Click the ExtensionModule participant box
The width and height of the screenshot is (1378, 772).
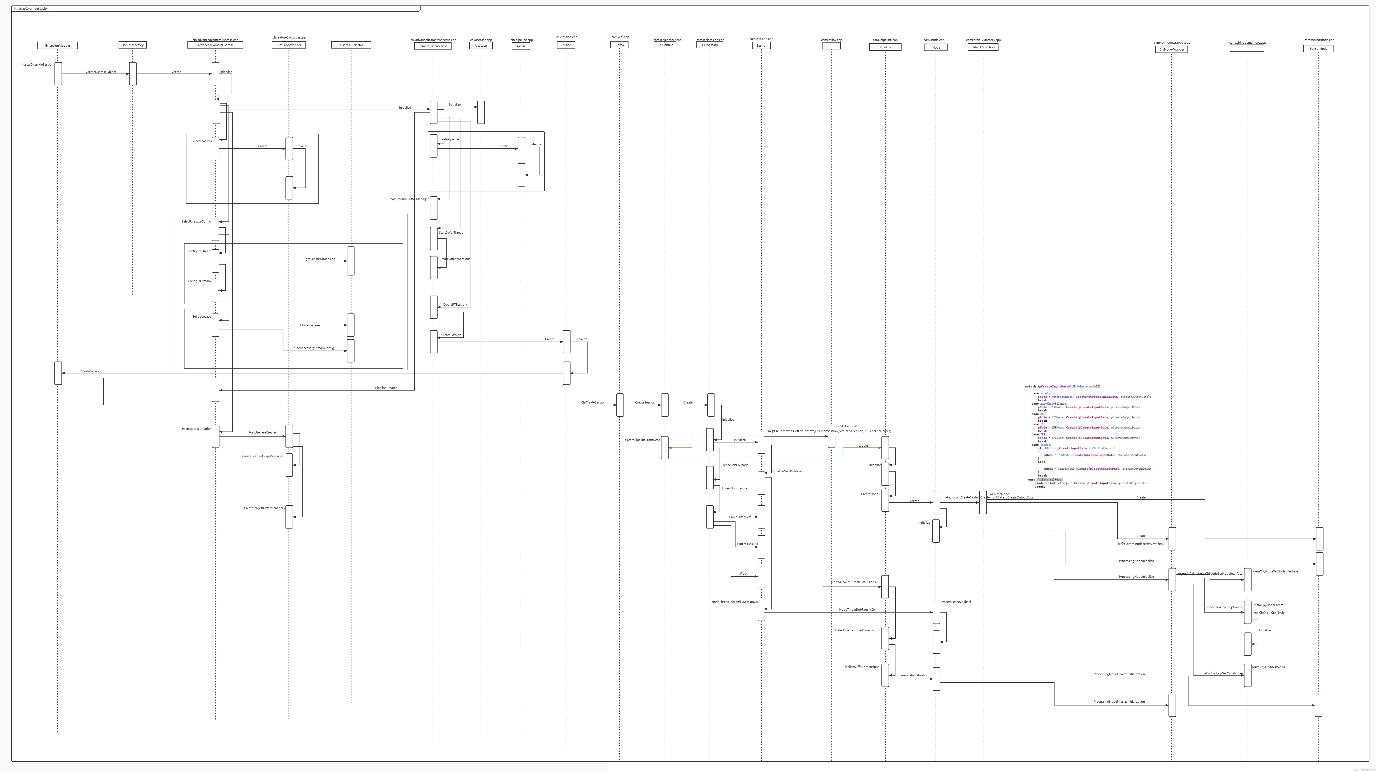[x=57, y=46]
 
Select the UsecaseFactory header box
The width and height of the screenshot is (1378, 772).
[x=133, y=45]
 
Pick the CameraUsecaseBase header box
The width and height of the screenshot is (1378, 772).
[x=433, y=46]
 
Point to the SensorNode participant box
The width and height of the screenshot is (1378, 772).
[x=1318, y=49]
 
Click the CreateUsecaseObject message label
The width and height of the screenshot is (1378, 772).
[x=101, y=72]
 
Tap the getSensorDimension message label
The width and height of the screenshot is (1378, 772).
[x=320, y=259]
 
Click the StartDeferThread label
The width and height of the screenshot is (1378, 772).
[x=451, y=233]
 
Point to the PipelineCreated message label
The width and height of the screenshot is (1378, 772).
[x=386, y=388]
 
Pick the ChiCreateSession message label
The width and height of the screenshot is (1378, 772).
[x=593, y=402]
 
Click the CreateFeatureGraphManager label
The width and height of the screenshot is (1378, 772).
[x=263, y=456]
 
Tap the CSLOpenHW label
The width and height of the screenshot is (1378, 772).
[x=847, y=426]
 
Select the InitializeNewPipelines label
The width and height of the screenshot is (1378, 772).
[x=787, y=471]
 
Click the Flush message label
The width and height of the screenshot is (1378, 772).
[x=743, y=574]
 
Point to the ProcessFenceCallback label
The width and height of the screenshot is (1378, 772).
[x=956, y=602]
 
